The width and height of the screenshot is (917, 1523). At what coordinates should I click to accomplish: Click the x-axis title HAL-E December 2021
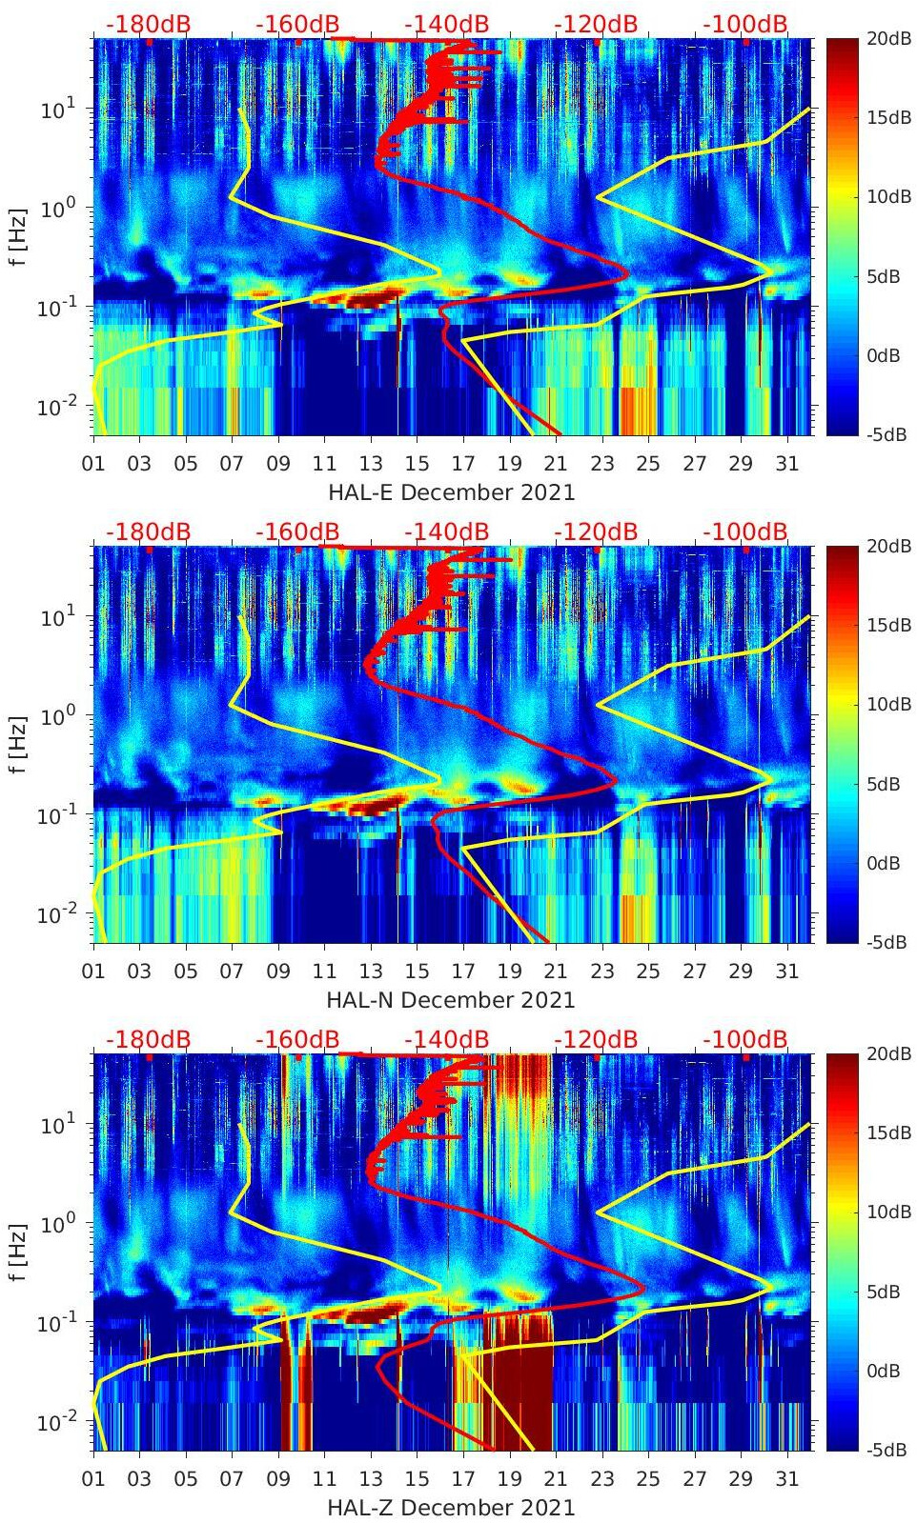451,492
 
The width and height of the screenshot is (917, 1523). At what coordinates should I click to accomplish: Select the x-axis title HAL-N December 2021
451,1000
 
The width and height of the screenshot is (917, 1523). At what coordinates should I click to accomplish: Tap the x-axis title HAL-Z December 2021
451,1508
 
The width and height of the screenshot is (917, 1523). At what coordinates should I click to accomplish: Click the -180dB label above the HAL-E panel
148,24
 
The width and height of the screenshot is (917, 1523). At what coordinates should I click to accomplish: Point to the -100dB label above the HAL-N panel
745,531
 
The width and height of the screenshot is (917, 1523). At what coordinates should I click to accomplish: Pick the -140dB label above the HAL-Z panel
446,1039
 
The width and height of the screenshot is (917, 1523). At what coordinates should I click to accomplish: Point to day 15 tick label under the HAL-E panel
417,464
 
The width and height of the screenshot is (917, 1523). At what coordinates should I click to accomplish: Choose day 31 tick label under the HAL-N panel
786,972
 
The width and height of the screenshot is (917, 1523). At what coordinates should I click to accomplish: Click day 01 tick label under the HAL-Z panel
93,1479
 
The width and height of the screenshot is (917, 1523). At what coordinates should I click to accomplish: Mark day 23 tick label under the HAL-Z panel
601,1479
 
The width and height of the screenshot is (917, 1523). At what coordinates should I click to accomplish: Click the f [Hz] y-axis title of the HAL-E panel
18,236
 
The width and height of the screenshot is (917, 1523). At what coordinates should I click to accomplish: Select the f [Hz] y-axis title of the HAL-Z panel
18,1252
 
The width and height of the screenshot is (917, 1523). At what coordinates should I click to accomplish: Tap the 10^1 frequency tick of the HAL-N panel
57,616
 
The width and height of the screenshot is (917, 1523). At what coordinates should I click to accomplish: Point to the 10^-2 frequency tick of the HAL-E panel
55,408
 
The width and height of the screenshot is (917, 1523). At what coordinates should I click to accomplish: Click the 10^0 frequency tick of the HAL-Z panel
57,1223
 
